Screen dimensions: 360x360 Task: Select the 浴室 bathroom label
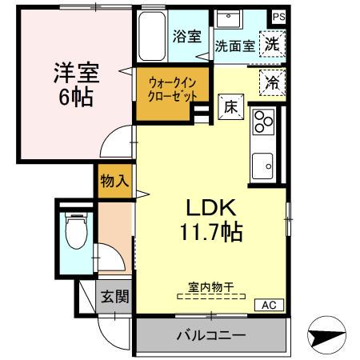[188, 36]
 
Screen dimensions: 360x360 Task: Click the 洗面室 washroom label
[234, 46]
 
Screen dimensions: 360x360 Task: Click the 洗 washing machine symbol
[273, 44]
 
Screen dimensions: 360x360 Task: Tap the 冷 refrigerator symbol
[272, 81]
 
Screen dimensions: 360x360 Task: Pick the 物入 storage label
[114, 181]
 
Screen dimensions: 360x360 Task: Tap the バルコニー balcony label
[210, 334]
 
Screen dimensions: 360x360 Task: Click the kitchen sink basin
[263, 166]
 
